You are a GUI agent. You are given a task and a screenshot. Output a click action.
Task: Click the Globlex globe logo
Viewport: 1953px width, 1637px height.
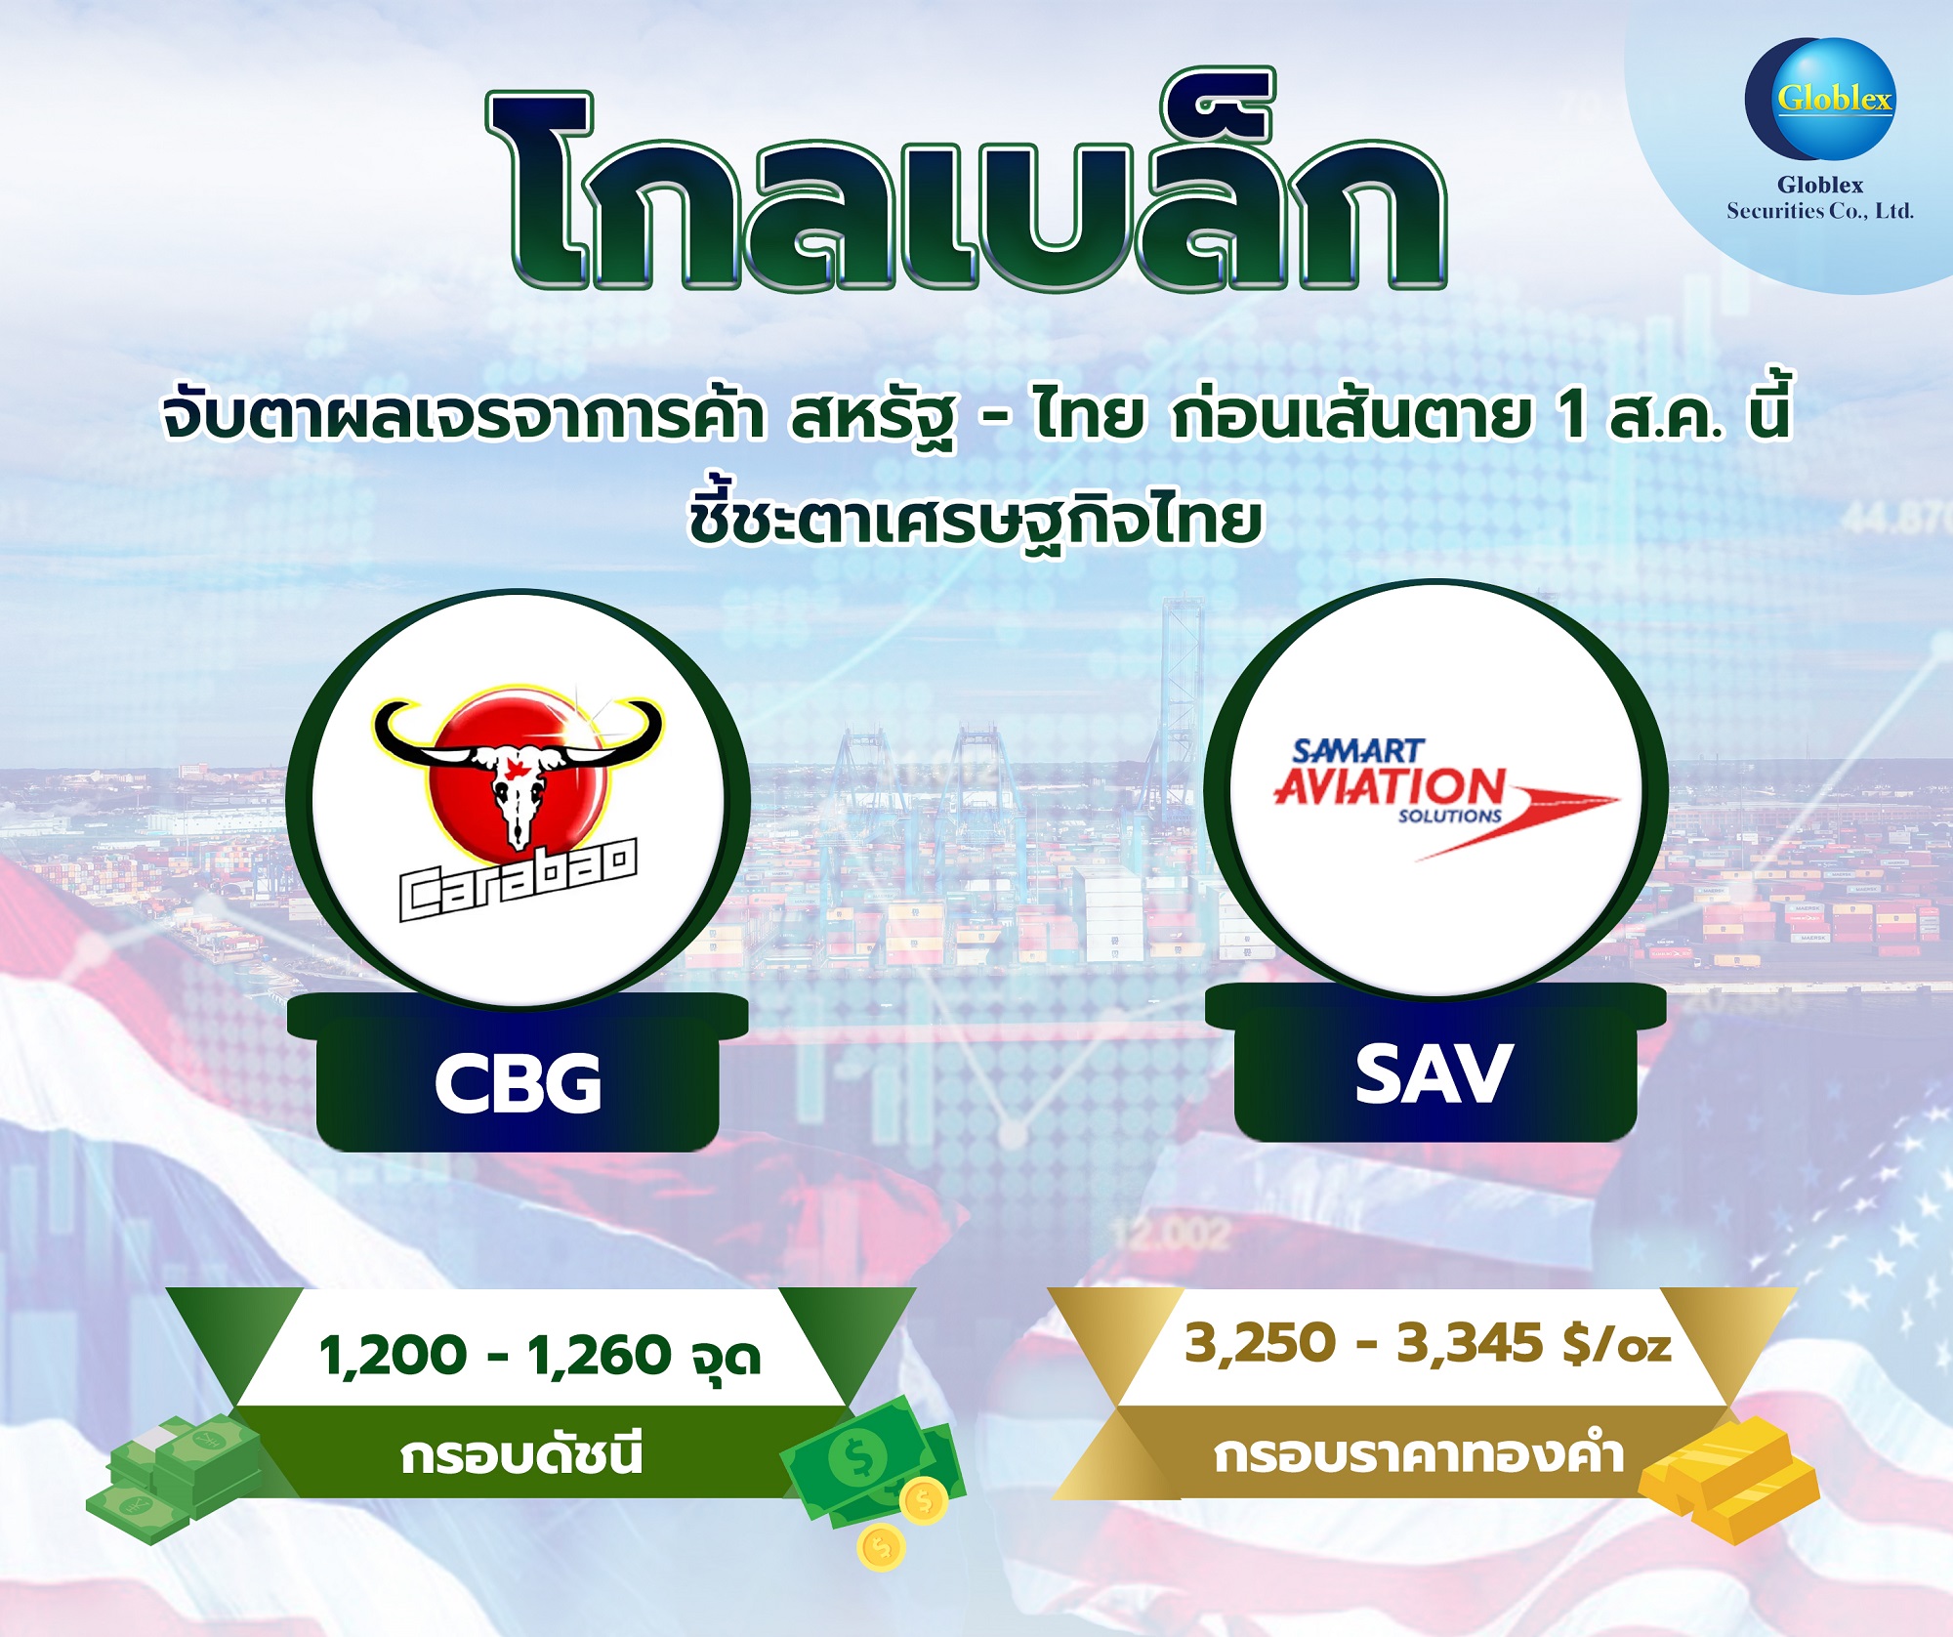(1820, 99)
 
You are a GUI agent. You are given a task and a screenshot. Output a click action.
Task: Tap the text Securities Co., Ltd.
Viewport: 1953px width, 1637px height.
(1820, 211)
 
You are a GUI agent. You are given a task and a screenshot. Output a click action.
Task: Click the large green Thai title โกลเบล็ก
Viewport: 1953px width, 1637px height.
(966, 181)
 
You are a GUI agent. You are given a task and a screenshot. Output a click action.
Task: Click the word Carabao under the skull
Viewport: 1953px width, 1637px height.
(519, 880)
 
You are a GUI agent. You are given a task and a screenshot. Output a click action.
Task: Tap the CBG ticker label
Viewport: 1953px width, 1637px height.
(518, 1083)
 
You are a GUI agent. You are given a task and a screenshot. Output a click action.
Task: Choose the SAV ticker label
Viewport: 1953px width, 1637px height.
(1434, 1074)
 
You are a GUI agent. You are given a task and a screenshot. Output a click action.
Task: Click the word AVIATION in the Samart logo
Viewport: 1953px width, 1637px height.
(1390, 786)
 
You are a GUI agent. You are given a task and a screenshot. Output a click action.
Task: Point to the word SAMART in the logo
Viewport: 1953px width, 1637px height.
(1358, 751)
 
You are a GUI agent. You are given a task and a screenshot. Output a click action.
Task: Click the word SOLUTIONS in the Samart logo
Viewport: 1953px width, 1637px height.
(1450, 816)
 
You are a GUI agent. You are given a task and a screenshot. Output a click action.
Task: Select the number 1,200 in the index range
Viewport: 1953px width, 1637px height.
(394, 1356)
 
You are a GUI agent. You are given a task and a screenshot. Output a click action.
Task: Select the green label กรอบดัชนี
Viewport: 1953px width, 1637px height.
(522, 1454)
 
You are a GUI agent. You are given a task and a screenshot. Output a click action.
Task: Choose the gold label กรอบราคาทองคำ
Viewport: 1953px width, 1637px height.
(1419, 1454)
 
